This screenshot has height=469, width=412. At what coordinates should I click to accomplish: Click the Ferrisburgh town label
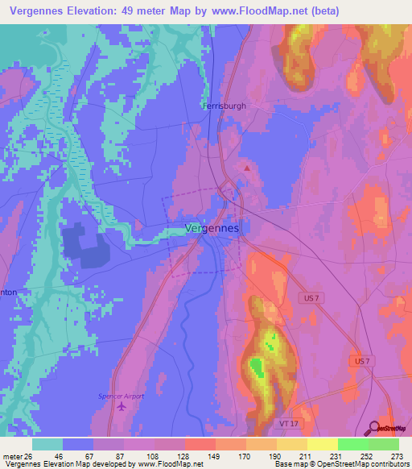coord(225,106)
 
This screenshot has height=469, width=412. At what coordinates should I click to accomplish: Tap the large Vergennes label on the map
coord(212,228)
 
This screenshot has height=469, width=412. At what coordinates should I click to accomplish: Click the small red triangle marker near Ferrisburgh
coord(248,168)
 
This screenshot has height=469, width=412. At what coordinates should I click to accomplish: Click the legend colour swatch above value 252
coord(353,444)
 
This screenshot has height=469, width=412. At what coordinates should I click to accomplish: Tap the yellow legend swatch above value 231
coord(323,444)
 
